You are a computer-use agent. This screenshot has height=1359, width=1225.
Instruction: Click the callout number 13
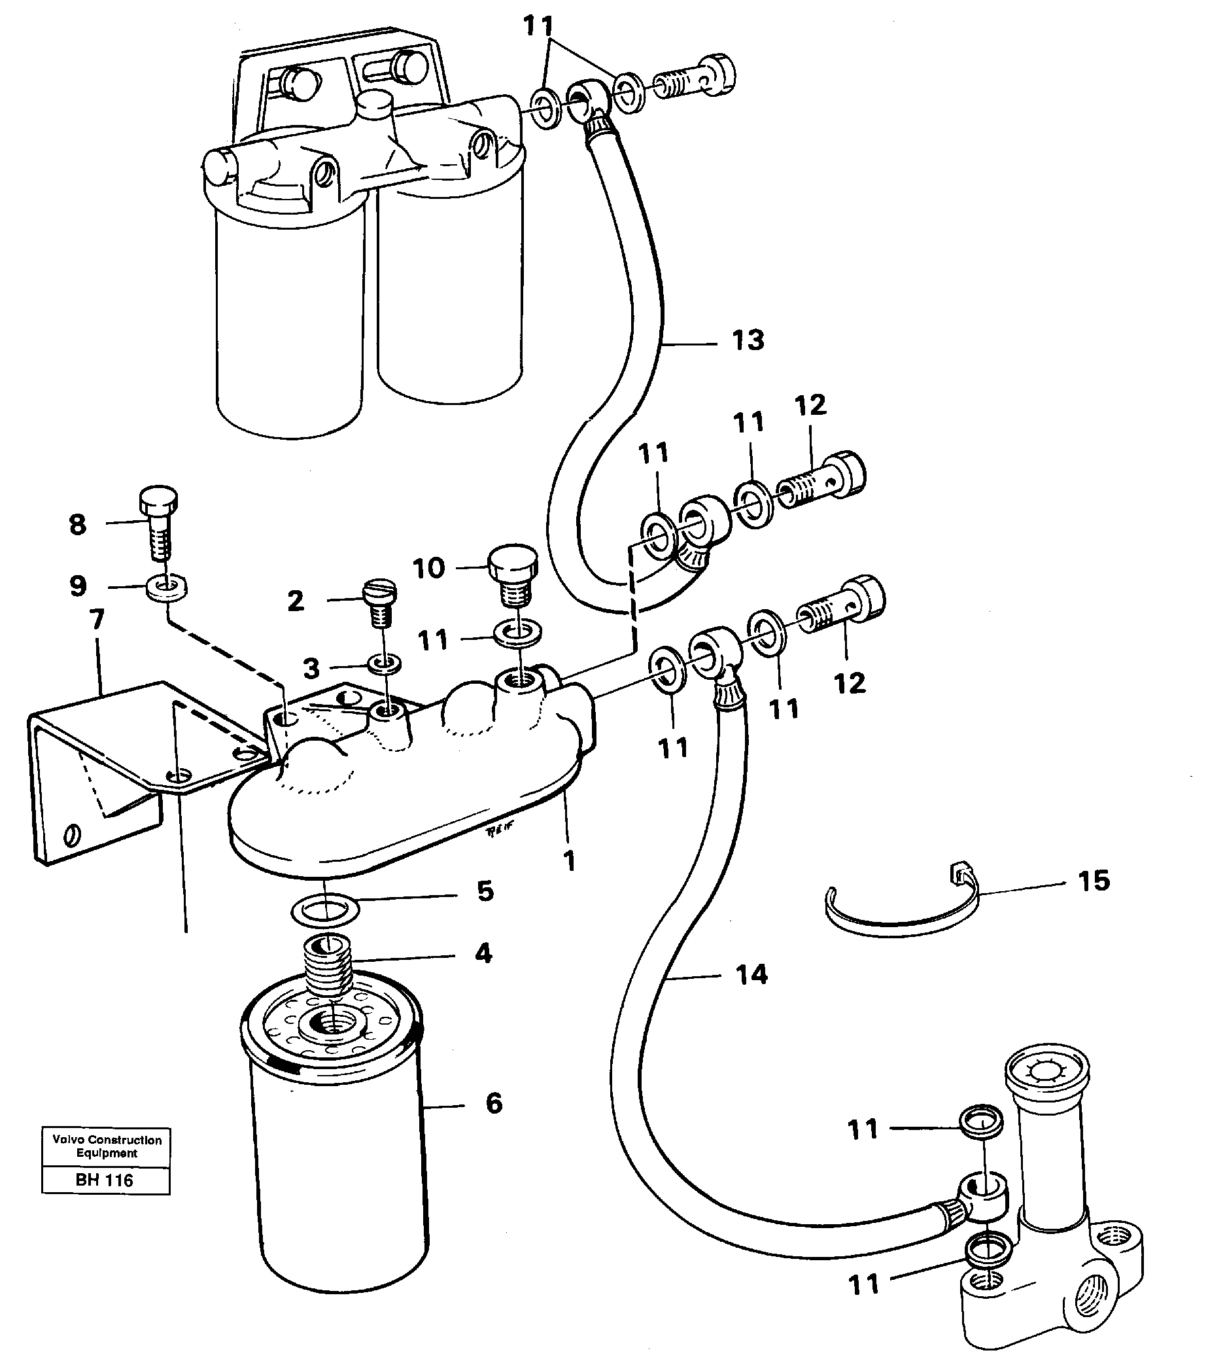coord(748,341)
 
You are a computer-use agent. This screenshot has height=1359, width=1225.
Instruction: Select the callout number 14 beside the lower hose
coord(751,974)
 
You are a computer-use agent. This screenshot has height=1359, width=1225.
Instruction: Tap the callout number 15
coord(1093,880)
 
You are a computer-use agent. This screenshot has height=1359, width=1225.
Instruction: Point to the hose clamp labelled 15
coord(902,918)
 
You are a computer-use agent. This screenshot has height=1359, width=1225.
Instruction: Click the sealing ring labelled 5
coord(325,911)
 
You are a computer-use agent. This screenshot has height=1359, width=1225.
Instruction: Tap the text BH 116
coord(105,1180)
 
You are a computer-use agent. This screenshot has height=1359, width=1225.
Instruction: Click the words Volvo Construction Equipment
coord(107,1146)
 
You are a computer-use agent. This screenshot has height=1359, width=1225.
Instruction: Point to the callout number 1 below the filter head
coord(570,860)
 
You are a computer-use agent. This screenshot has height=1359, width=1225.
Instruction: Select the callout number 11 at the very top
coord(538,27)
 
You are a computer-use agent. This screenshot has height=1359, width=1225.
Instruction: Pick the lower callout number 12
coord(849,683)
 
